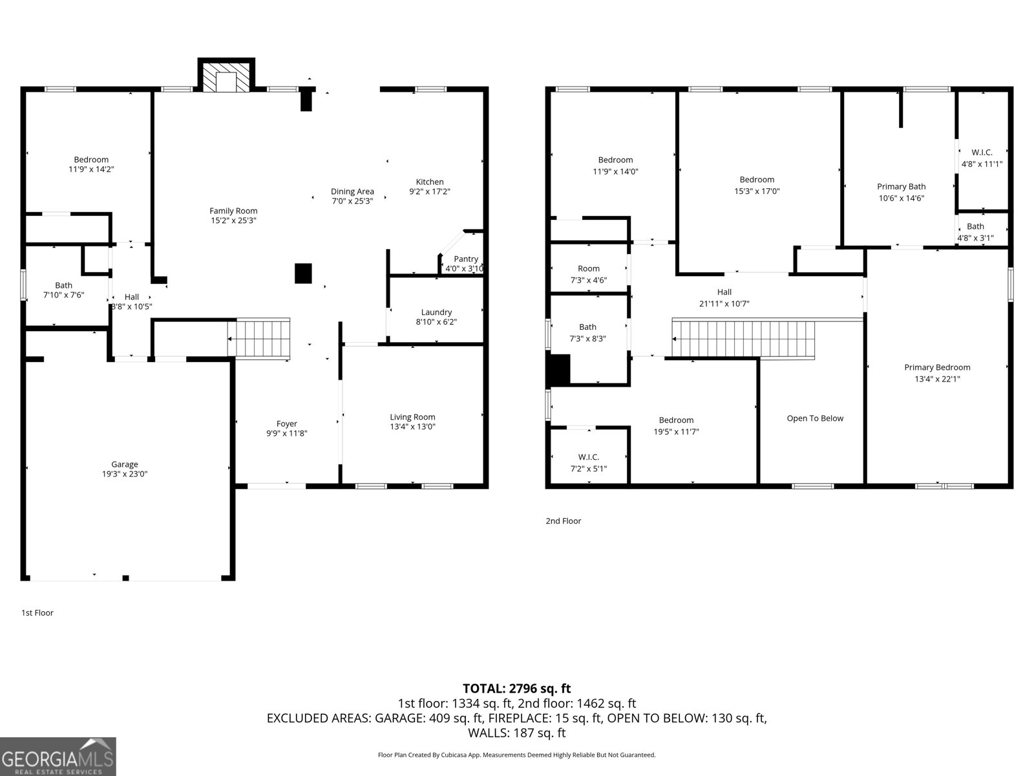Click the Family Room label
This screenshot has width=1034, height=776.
233,211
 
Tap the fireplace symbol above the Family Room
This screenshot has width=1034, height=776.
226,76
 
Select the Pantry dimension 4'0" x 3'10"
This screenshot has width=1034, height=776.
464,268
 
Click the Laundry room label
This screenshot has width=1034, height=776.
436,312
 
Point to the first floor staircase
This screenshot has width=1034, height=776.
258,338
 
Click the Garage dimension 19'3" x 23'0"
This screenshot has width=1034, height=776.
124,474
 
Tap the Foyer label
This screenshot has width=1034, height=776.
286,424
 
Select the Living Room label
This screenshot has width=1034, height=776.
412,417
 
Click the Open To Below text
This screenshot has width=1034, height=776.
815,418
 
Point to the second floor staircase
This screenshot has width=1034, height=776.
743,338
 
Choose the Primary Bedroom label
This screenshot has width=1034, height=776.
937,367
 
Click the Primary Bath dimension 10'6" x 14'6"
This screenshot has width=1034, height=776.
901,199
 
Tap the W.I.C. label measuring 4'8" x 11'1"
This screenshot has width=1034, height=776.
982,153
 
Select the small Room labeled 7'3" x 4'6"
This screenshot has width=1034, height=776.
588,269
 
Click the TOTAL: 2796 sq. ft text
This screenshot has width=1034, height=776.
516,689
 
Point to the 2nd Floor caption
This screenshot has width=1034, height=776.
563,521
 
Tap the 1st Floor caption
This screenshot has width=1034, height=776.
37,612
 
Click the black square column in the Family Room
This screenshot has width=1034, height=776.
303,274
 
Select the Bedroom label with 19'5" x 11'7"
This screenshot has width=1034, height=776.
676,420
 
